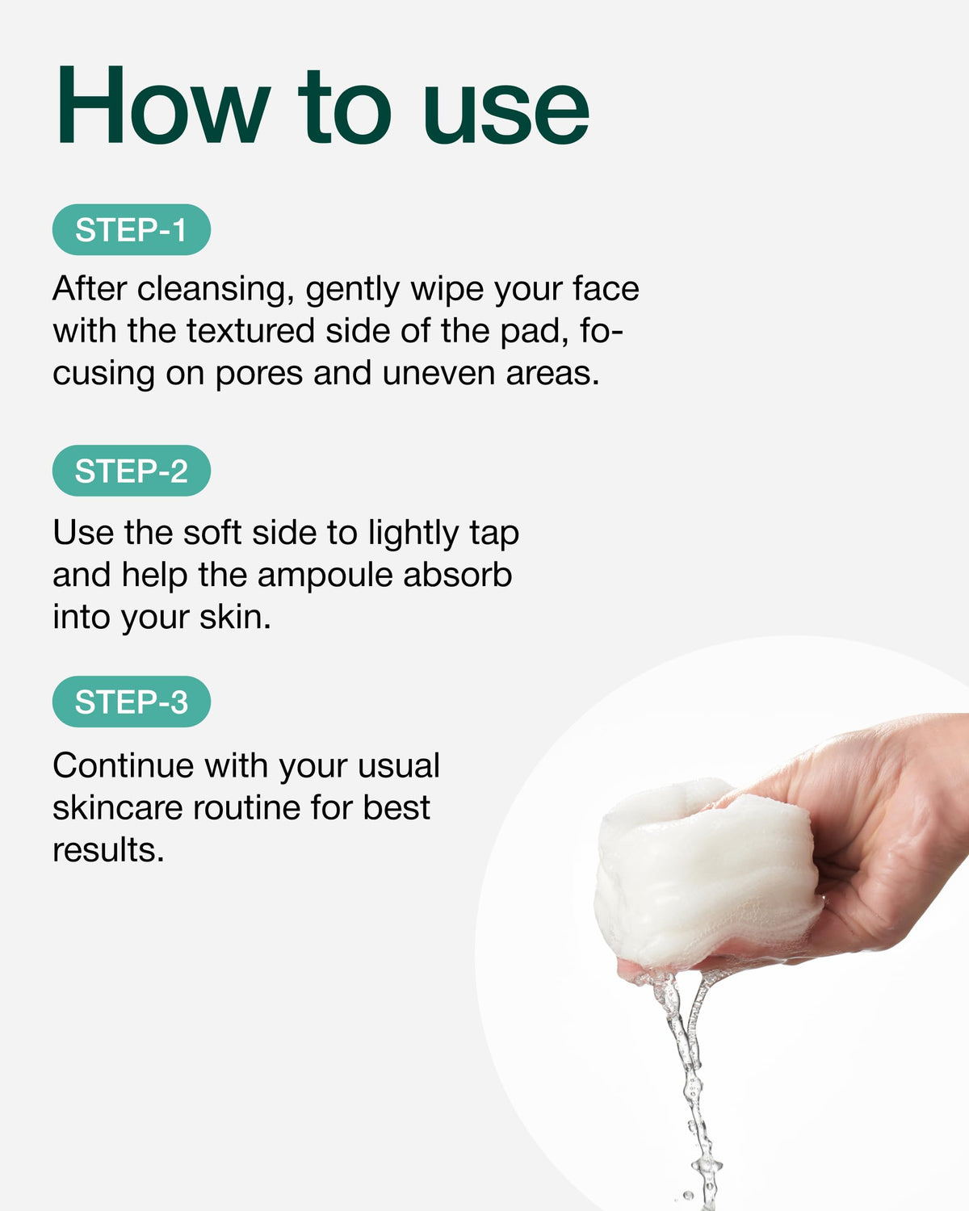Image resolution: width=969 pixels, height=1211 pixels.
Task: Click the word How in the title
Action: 163,105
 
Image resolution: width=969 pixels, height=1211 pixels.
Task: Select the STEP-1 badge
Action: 131,229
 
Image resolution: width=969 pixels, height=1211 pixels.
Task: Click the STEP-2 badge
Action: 131,471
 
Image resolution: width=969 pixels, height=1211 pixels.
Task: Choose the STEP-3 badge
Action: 131,702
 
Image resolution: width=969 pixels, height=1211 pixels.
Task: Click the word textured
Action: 250,331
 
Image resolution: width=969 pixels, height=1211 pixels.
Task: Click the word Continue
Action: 123,766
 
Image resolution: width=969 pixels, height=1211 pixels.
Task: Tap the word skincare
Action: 118,808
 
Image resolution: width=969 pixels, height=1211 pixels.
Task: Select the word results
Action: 108,850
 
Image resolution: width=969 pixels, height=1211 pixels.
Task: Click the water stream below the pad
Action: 688,1080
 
